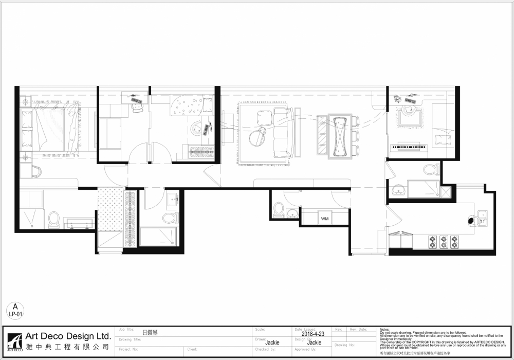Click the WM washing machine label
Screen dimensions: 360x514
pyautogui.click(x=324, y=219)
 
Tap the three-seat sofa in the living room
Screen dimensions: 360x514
pyautogui.click(x=282, y=133)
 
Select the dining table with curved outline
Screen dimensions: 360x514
pyautogui.click(x=340, y=135)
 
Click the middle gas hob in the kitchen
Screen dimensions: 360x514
pyautogui.click(x=444, y=242)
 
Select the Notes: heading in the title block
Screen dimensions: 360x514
pyautogui.click(x=384, y=329)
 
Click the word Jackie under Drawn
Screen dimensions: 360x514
pyautogui.click(x=272, y=343)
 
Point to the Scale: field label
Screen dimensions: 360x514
pyautogui.click(x=261, y=329)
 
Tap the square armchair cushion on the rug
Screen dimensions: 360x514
pyautogui.click(x=265, y=119)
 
